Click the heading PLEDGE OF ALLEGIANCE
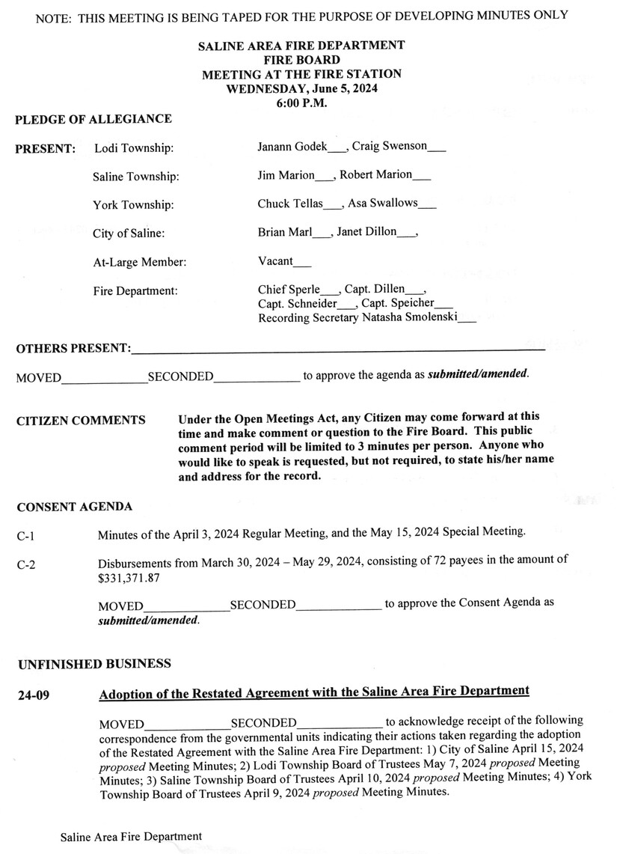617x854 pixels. point(93,119)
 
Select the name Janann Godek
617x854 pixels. point(292,147)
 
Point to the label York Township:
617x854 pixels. point(133,205)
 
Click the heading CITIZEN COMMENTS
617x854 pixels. point(81,421)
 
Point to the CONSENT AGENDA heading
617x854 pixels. point(75,507)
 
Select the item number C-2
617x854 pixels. point(26,567)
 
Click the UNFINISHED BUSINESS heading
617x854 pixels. point(93,664)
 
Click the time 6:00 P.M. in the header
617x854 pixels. point(301,103)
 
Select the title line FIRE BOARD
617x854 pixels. point(301,60)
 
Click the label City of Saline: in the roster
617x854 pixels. point(129,234)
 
